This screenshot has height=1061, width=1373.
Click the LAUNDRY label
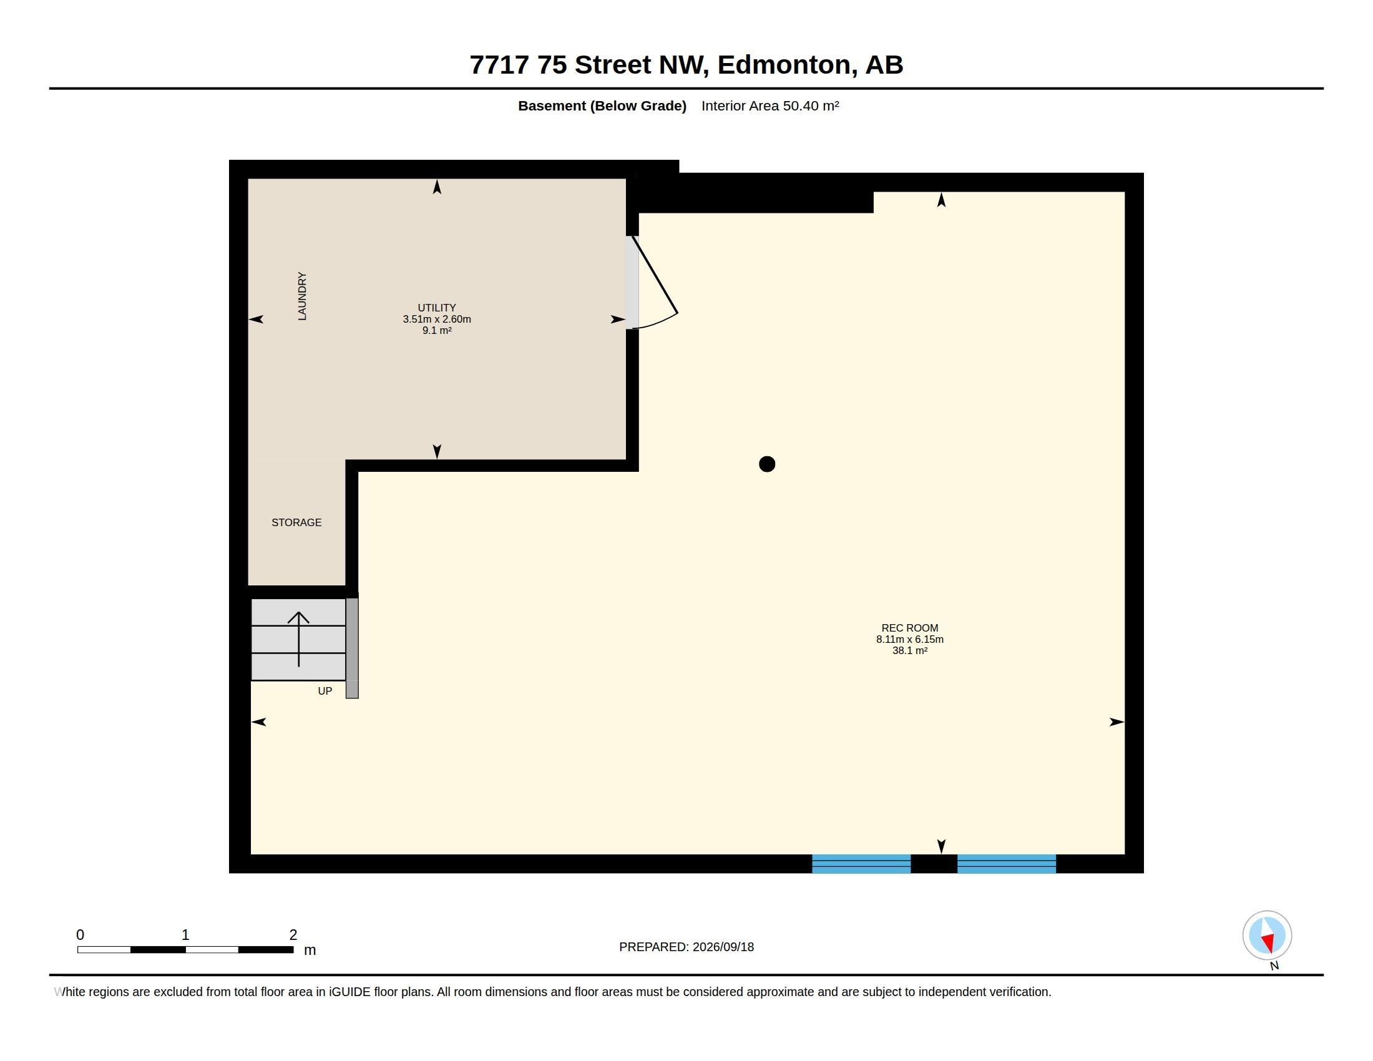[303, 296]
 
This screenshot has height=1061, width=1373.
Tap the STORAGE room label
[296, 522]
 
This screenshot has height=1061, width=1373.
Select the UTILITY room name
[437, 308]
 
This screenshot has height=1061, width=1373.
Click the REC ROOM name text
[910, 628]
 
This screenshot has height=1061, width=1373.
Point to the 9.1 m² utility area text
[437, 331]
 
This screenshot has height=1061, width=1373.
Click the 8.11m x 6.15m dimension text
[910, 639]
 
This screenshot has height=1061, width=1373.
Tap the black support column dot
[767, 464]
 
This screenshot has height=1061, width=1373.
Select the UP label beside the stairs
[325, 691]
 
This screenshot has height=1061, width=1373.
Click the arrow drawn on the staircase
[298, 638]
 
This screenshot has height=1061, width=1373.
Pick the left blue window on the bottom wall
[861, 864]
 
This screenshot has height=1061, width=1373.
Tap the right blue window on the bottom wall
[1007, 864]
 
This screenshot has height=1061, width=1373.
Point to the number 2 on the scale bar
[293, 935]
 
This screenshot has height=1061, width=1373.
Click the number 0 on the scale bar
[81, 935]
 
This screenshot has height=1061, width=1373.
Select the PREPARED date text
[686, 947]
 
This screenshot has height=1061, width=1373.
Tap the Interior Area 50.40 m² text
[770, 105]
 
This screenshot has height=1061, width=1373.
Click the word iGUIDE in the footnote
[349, 992]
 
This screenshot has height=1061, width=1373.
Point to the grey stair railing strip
[352, 648]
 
